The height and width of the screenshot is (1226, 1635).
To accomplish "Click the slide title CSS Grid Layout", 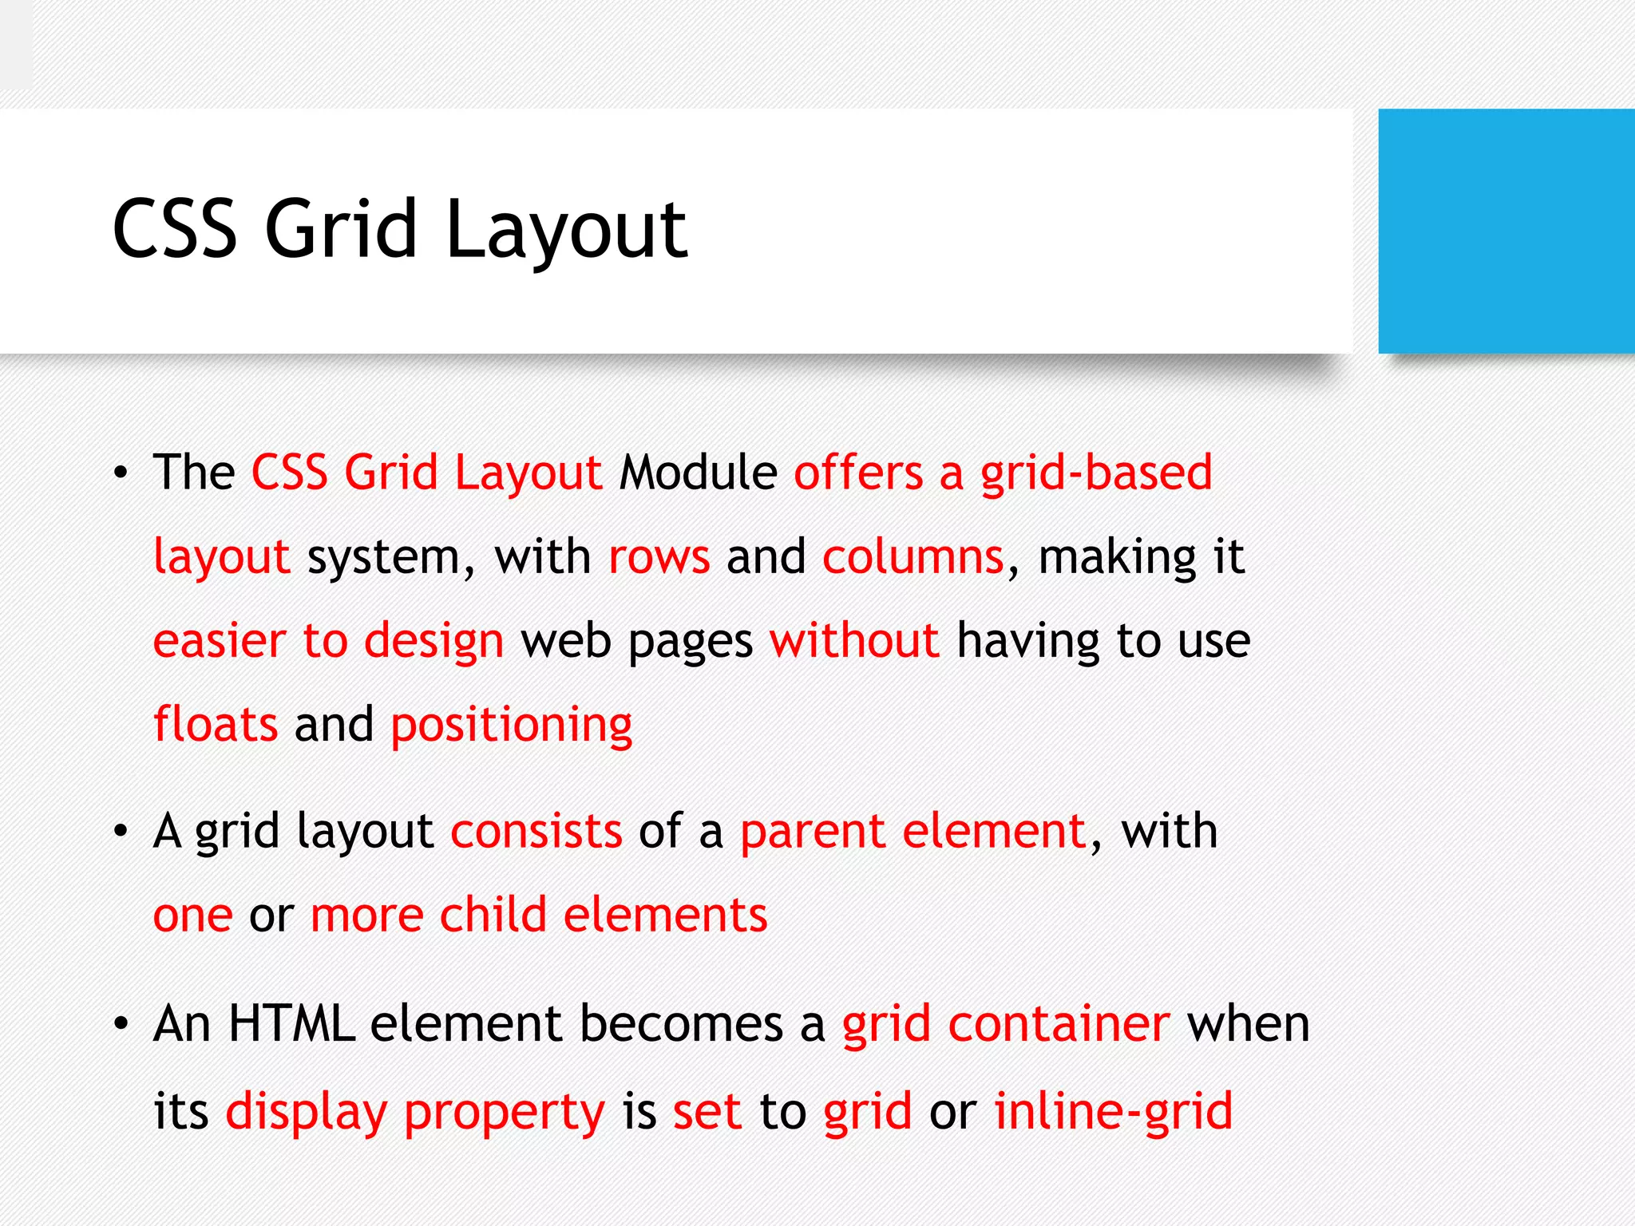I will [399, 230].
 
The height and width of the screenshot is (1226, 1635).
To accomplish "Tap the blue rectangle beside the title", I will [1506, 231].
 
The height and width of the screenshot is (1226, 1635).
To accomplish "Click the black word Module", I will [699, 473].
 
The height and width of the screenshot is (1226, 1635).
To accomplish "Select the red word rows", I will [659, 557].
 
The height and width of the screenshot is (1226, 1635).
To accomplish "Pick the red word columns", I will [913, 557].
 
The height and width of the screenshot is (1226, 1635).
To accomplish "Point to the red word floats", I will [216, 725].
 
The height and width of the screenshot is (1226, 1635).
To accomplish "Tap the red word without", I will [853, 641].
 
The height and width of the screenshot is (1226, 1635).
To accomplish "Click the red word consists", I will [536, 832].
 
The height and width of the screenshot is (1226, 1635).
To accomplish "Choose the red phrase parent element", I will [913, 832].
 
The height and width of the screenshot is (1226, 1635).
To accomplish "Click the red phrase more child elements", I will [539, 916].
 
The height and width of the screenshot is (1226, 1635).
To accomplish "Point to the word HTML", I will [291, 1024].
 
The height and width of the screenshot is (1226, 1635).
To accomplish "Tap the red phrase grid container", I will [1006, 1024].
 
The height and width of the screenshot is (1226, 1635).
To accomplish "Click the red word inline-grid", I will [1113, 1111].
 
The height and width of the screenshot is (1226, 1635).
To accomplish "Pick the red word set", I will [707, 1112].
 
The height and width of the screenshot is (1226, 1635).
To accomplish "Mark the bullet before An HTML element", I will [121, 1024].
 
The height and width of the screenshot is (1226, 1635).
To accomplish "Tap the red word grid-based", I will [1096, 473].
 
